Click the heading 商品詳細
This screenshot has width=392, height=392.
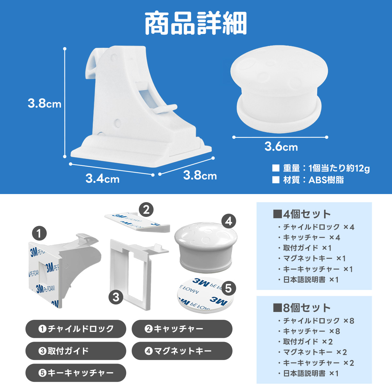tap(196, 24)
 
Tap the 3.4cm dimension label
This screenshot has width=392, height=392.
tap(102, 179)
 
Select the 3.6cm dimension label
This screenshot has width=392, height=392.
tap(281, 147)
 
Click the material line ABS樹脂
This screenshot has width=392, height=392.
tap(308, 180)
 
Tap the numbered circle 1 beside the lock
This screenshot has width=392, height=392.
tap(39, 233)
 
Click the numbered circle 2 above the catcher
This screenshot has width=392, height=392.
tap(146, 210)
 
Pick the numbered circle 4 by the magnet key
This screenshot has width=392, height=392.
tap(229, 221)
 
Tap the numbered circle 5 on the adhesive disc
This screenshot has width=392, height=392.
tap(228, 288)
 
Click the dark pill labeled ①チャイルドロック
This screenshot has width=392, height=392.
tap(76, 329)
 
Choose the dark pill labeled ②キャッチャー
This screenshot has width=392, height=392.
tap(182, 329)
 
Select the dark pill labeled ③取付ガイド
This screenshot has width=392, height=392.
tap(76, 351)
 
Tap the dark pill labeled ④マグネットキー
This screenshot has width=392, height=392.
tap(182, 351)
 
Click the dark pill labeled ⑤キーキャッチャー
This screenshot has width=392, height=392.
tap(76, 373)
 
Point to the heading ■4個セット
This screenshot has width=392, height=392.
tap(302, 214)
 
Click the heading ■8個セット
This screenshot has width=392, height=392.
tap(302, 308)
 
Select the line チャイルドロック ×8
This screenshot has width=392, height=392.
tap(316, 321)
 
